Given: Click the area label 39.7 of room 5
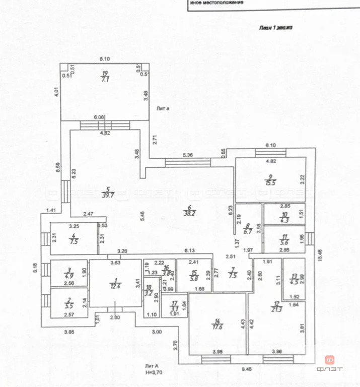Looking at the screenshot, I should tap(106, 196).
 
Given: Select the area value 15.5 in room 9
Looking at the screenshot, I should tap(271, 183).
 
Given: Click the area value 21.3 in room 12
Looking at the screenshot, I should tap(276, 308).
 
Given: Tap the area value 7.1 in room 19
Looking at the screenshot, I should tap(105, 79).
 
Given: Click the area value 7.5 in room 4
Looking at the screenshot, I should tap(74, 241).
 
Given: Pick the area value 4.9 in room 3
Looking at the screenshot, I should tap(69, 276).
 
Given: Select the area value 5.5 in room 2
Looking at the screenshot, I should tap(69, 306).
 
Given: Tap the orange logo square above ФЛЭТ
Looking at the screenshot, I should tap(330, 360).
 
